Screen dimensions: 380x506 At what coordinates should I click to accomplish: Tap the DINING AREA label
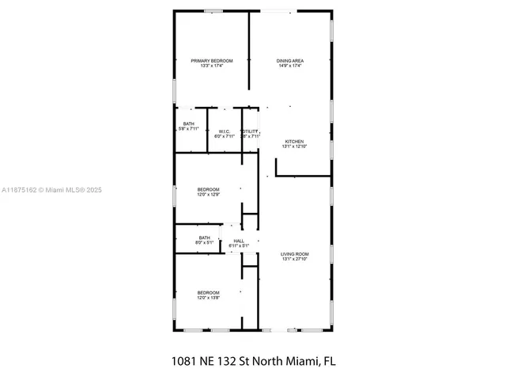pos(291,61)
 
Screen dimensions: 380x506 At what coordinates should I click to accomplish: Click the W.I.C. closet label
pos(225,131)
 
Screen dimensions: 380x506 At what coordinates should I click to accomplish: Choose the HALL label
pos(239,241)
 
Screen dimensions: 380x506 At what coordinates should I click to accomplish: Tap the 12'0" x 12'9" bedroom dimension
pos(209,194)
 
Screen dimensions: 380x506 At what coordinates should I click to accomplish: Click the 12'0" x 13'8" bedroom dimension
pos(209,298)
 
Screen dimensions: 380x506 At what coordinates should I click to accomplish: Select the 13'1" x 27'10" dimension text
pos(294,259)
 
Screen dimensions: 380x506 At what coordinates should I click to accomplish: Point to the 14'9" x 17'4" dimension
pos(291,66)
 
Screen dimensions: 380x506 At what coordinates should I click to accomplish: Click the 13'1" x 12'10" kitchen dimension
pos(294,146)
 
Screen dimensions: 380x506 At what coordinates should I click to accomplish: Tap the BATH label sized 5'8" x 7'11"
pos(189,123)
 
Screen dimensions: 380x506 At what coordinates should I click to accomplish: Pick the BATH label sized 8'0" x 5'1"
pos(205,237)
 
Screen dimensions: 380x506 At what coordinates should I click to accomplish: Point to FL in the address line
pos(328,361)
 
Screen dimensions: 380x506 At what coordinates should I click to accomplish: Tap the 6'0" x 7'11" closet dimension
pos(225,136)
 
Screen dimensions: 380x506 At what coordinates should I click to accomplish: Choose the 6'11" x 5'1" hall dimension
pos(239,245)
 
